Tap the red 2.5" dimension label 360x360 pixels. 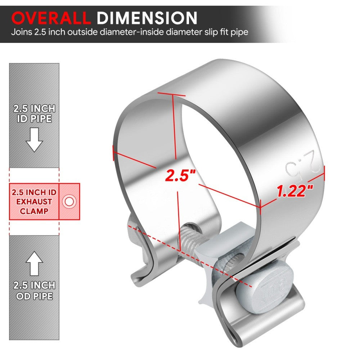coord(180,175)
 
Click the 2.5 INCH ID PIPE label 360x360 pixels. coord(34,113)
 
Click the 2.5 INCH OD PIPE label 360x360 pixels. coord(34,291)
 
